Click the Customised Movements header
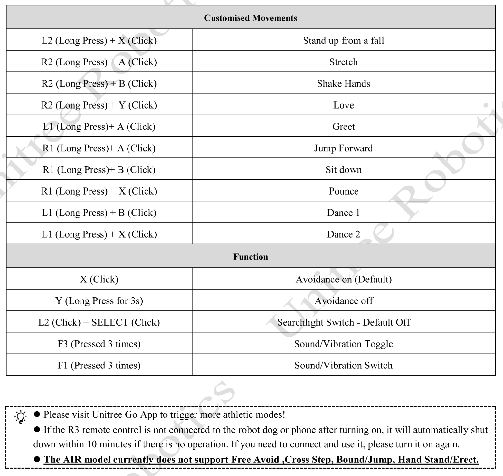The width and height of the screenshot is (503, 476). pyautogui.click(x=251, y=18)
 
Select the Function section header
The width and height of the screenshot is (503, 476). pyautogui.click(x=251, y=257)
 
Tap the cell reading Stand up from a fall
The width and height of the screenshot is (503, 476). pyautogui.click(x=343, y=41)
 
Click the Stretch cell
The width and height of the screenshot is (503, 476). pyautogui.click(x=343, y=62)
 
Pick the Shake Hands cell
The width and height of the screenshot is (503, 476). pyautogui.click(x=343, y=84)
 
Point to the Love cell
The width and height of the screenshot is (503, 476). pyautogui.click(x=343, y=105)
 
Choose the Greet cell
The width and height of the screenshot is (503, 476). pyautogui.click(x=343, y=127)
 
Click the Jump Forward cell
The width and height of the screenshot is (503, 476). pyautogui.click(x=343, y=148)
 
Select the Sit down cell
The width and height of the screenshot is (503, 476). pyautogui.click(x=343, y=170)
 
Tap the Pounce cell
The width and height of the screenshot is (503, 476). pyautogui.click(x=343, y=191)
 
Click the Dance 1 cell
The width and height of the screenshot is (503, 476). pyautogui.click(x=343, y=213)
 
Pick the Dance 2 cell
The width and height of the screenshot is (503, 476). pyautogui.click(x=343, y=234)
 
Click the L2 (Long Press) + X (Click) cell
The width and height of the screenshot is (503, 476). pyautogui.click(x=99, y=41)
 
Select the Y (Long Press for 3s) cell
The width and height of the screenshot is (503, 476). pyautogui.click(x=99, y=301)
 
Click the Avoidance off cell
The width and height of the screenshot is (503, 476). pyautogui.click(x=343, y=301)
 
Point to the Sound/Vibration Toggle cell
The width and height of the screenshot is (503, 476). pyautogui.click(x=343, y=344)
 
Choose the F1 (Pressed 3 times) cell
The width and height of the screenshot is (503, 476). pyautogui.click(x=99, y=366)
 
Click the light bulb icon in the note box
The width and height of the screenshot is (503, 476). pyautogui.click(x=21, y=417)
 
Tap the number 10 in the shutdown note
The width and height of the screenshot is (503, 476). pyautogui.click(x=92, y=444)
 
